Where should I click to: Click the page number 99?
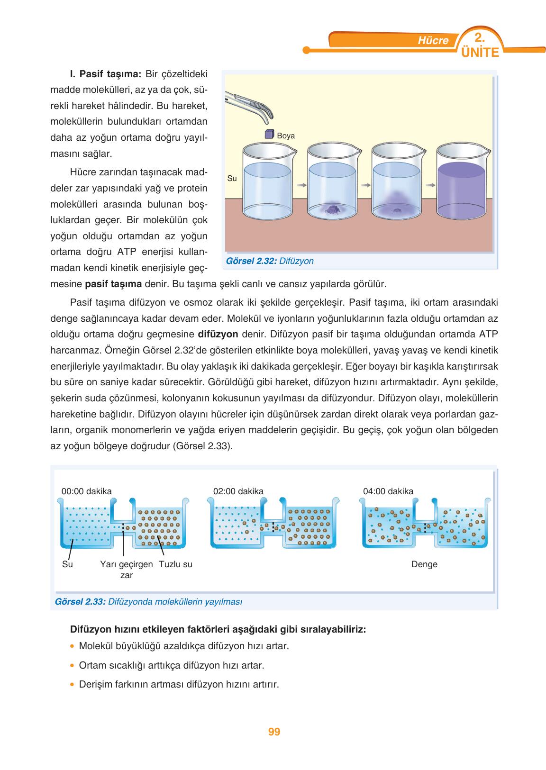pos(274,732)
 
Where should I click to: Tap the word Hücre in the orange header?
pos(433,41)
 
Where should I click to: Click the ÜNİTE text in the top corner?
pos(480,52)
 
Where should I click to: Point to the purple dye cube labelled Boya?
pos(269,134)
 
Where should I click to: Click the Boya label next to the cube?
pos(286,136)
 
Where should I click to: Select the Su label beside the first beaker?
pos(232,179)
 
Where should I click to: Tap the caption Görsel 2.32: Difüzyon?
pos(270,261)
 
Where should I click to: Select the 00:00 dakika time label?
pos(87,491)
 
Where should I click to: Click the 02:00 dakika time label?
pos(238,491)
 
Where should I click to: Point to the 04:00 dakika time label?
pos(388,491)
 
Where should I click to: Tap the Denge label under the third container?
pos(424,564)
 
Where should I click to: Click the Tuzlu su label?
pos(176,564)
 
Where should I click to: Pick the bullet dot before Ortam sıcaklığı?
pos(72,666)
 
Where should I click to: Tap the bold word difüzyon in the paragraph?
pos(218,334)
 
